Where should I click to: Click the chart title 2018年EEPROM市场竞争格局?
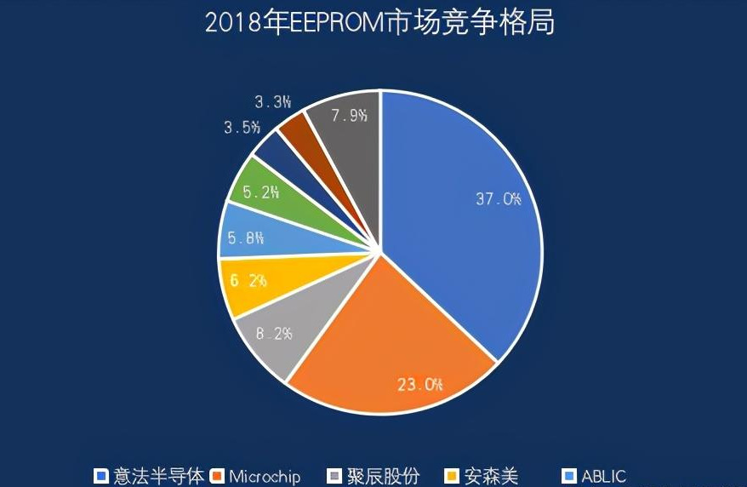click(379, 23)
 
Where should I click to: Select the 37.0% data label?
click(498, 199)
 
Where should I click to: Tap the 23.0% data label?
click(420, 384)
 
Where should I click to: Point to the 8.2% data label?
click(273, 333)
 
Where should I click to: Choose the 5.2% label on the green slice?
click(260, 192)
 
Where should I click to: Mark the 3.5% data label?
click(242, 128)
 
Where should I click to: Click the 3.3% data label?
click(272, 102)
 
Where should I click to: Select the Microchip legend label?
click(265, 476)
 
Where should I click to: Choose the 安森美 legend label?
click(492, 476)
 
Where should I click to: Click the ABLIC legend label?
click(604, 476)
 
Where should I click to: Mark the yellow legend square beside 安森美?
click(452, 476)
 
